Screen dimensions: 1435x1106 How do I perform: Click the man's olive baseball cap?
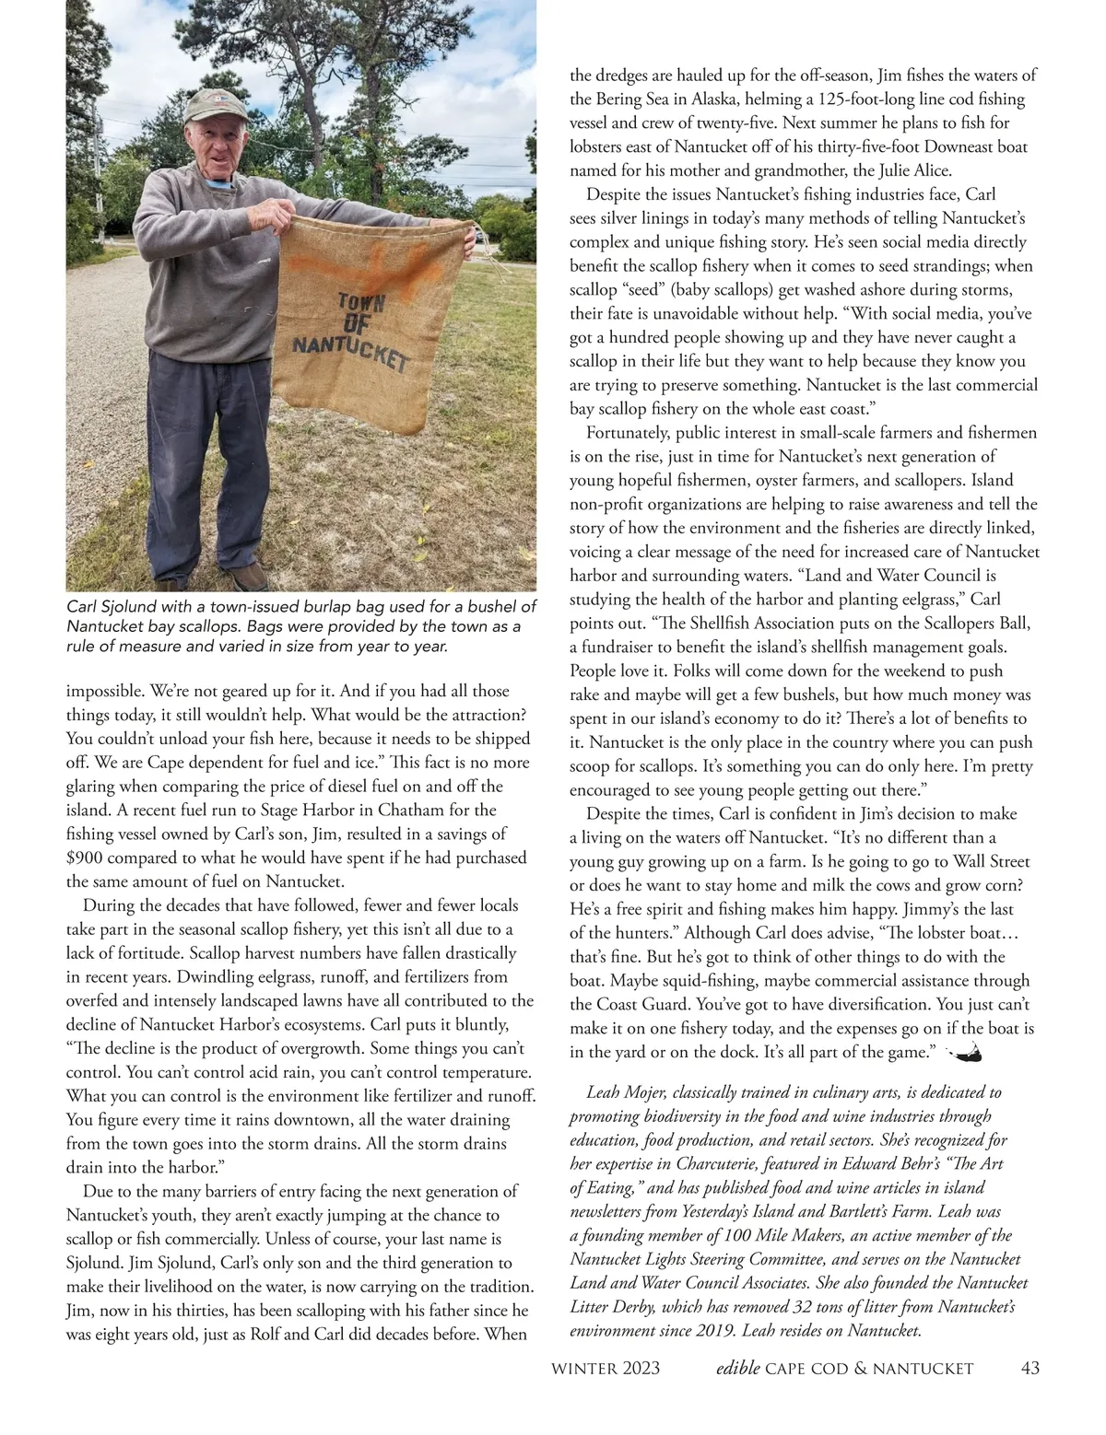[215, 110]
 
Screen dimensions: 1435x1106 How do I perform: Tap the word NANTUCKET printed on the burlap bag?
[351, 352]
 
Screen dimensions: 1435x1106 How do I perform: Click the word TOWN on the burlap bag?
[362, 302]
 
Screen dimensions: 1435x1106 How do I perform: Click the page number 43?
[1030, 1369]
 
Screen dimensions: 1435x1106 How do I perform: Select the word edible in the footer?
[737, 1369]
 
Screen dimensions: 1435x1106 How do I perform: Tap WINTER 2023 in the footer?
[605, 1369]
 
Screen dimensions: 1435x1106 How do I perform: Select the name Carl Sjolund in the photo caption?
[110, 607]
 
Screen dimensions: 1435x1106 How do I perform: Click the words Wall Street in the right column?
[987, 862]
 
